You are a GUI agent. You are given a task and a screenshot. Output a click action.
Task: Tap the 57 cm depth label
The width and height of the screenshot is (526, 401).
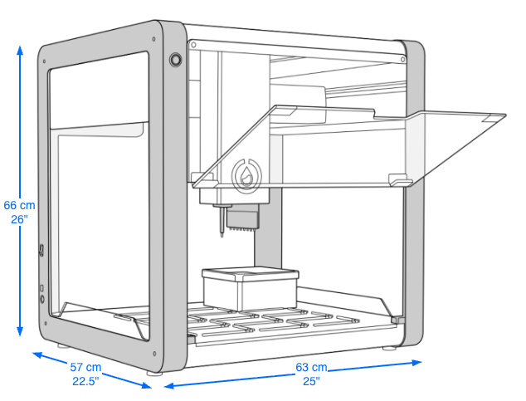click(x=85, y=367)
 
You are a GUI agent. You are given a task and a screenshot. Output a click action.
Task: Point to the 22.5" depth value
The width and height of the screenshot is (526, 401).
click(x=85, y=381)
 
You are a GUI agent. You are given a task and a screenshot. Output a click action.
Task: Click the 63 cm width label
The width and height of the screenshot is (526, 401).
click(x=311, y=367)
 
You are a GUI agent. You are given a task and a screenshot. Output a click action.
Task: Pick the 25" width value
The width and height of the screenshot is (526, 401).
click(x=311, y=381)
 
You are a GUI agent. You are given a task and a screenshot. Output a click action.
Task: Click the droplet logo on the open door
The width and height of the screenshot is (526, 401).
click(x=246, y=173)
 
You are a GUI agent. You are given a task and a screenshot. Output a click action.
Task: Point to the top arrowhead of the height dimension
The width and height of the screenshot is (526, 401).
click(x=20, y=47)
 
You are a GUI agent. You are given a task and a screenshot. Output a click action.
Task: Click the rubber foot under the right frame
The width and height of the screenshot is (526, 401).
click(x=389, y=348)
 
